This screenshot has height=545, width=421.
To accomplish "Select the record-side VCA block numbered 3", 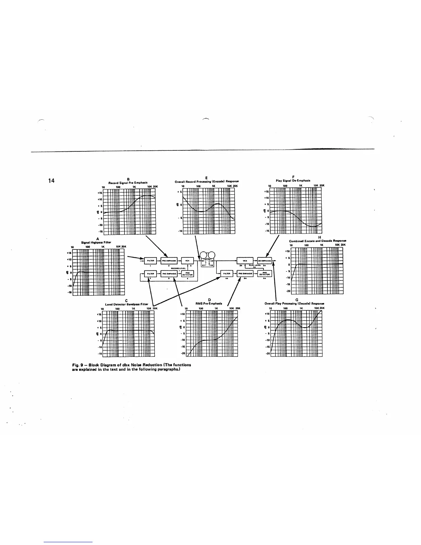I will point(187,260).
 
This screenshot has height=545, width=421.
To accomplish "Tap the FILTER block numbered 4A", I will point(227,274).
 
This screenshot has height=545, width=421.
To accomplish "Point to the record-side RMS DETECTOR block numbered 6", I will point(187,274).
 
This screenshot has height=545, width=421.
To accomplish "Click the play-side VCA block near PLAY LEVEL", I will point(245,260).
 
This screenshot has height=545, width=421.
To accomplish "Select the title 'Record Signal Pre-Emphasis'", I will point(128,183).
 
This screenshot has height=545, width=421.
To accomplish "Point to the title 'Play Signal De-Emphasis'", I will point(293,180).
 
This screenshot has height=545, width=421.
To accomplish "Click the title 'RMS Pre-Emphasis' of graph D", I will point(209,303).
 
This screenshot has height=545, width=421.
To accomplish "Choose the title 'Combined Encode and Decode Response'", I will point(317,241).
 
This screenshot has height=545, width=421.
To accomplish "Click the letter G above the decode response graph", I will point(296,300).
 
